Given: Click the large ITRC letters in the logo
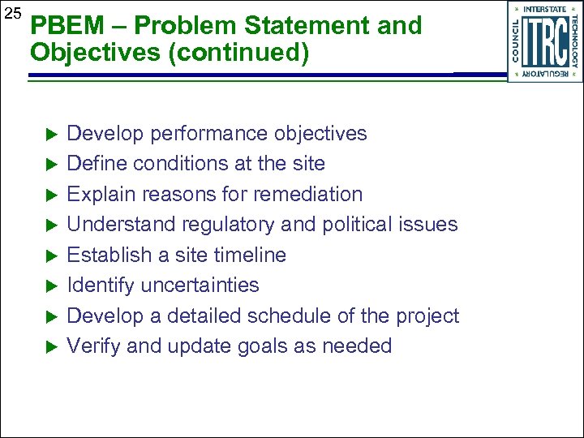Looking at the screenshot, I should (545, 42).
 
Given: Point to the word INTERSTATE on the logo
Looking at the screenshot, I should (545, 10).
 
